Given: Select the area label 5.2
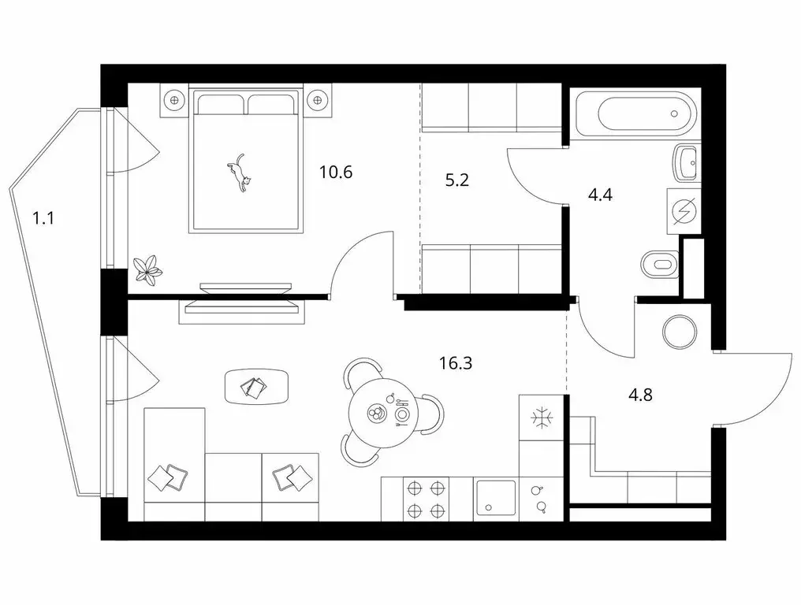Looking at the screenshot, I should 456,180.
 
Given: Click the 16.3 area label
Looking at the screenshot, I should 456,363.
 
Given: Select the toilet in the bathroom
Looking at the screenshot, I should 659,264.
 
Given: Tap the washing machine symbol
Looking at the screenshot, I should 683,210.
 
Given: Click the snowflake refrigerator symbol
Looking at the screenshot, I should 540,417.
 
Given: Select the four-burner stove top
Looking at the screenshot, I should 426,499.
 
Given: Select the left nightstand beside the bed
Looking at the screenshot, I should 173,99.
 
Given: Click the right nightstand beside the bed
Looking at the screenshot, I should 318,100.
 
